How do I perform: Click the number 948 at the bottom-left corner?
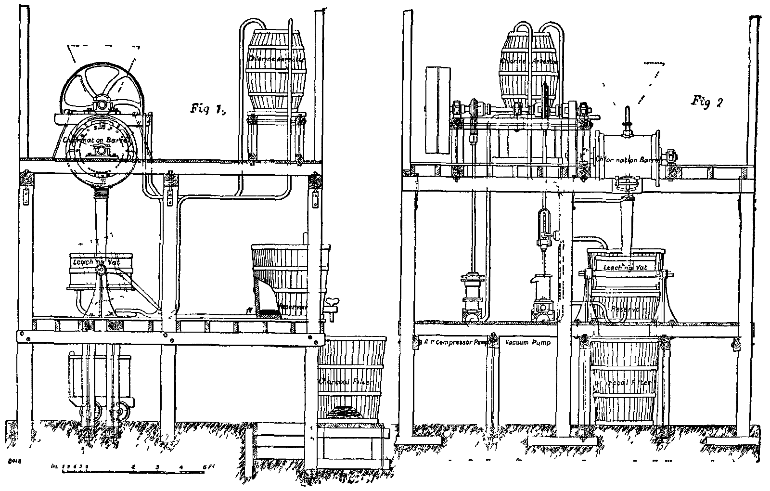13,462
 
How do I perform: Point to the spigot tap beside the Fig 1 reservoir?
331,306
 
